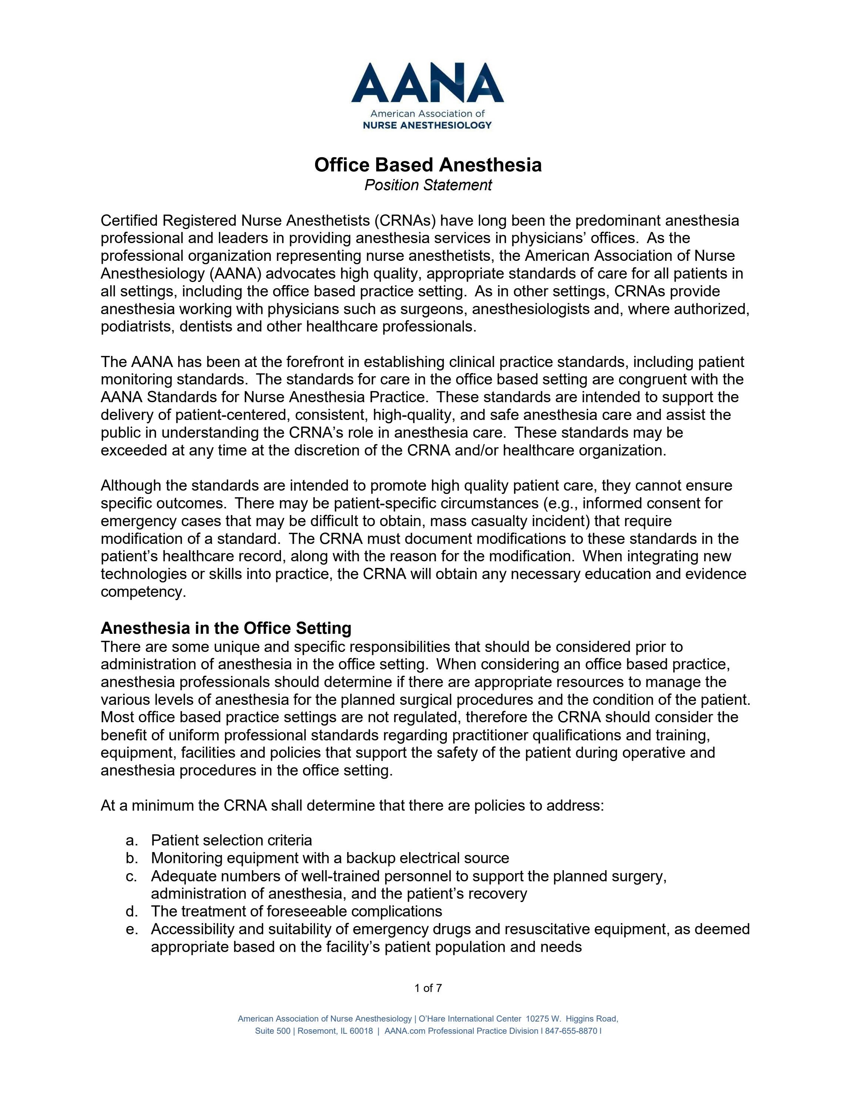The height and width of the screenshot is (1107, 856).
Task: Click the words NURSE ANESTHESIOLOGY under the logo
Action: coord(428,125)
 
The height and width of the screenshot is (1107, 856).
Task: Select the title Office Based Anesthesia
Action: coord(428,165)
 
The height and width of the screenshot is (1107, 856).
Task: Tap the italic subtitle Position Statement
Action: coord(428,185)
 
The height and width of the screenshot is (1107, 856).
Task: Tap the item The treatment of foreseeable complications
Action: coord(296,911)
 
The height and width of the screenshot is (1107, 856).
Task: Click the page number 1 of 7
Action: coord(428,988)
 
